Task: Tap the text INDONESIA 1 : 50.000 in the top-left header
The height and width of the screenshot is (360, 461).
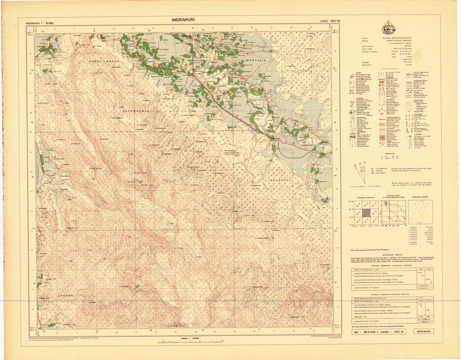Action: point(40,23)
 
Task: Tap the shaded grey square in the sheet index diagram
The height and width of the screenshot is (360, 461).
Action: point(365,212)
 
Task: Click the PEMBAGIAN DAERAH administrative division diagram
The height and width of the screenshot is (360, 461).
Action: point(420,212)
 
